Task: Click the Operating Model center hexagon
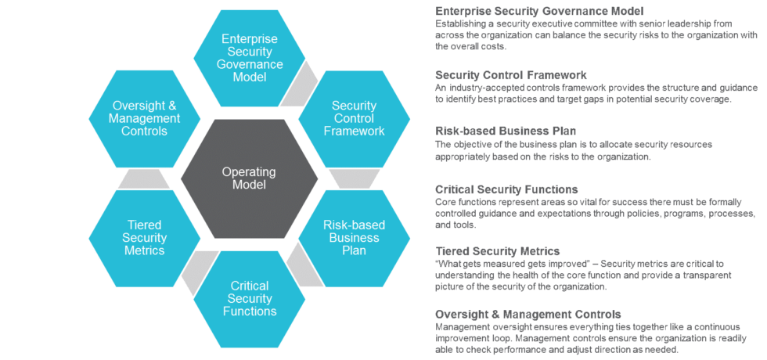click(249, 178)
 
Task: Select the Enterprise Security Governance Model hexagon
click(249, 59)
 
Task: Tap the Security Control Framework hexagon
click(354, 118)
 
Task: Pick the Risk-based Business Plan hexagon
click(354, 238)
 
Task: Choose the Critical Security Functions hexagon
click(249, 298)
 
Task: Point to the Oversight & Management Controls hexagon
click(145, 118)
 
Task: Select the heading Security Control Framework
click(510, 75)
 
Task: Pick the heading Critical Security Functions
click(506, 189)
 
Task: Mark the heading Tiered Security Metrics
click(497, 250)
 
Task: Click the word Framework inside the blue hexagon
click(354, 131)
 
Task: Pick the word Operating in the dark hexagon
click(249, 171)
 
